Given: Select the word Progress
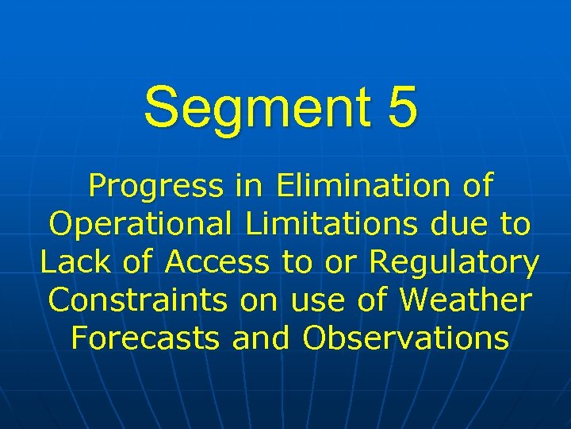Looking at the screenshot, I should (155, 187).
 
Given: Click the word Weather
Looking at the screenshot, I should (465, 300).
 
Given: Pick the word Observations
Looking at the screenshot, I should (405, 338).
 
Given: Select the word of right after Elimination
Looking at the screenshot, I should (475, 186).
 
